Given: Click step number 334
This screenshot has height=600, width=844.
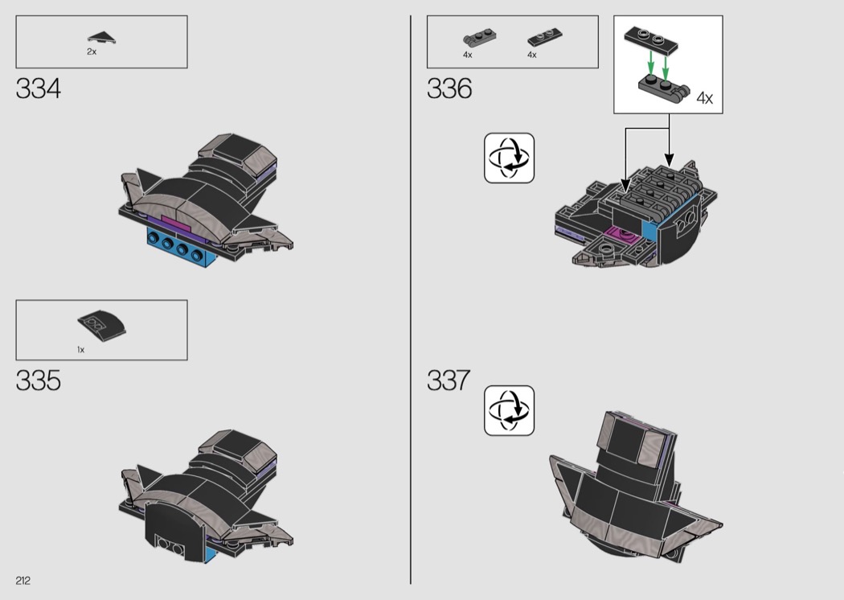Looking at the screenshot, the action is [39, 88].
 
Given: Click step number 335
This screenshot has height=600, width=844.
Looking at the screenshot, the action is [39, 380].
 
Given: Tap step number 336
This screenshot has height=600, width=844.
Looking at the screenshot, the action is [449, 88].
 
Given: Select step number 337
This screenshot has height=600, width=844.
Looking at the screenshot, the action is [449, 380].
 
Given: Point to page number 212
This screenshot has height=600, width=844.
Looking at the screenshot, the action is [23, 581].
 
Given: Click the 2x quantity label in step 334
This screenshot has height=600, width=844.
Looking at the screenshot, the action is [92, 51].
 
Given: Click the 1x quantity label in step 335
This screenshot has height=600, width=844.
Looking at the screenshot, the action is [80, 350].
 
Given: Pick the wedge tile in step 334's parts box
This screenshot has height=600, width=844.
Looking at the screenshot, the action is [102, 37].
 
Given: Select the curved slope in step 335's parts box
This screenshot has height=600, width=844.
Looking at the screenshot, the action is [102, 325].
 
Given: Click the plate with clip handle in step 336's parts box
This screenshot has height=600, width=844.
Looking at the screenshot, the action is [480, 39].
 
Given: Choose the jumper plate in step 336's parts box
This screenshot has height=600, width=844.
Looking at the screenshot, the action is [545, 38].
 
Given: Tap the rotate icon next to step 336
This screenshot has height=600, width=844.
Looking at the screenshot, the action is [509, 158].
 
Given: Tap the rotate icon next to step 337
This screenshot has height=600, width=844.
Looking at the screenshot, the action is [509, 410].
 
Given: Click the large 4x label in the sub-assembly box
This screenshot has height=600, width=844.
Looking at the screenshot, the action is [705, 98].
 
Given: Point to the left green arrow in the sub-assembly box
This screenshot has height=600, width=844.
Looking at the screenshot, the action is [651, 63].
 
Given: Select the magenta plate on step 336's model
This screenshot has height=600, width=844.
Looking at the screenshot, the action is [622, 236].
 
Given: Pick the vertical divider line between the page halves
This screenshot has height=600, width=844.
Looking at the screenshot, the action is [411, 299].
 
